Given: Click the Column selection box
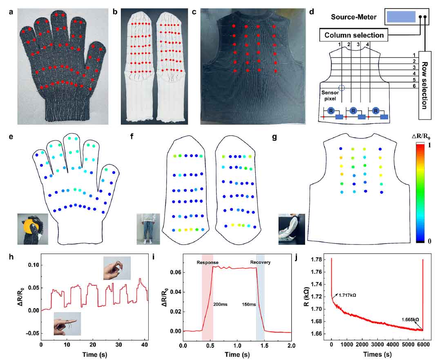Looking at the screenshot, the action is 354,35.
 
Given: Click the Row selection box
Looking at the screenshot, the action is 425,85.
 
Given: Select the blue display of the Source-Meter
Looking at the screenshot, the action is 401,17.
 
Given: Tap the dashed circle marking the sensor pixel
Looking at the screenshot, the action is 342,88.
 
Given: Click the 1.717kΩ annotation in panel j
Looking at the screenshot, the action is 347,295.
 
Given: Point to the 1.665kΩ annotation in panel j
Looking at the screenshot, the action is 410,320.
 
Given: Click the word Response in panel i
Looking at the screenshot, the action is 207,262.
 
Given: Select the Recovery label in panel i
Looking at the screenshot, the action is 260,262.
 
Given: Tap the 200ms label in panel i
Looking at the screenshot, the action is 220,304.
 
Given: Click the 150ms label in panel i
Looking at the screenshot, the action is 249,304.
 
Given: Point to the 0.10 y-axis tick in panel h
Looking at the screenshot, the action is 33,265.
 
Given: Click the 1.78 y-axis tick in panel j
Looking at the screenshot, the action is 316,260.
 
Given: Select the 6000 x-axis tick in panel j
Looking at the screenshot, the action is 424,344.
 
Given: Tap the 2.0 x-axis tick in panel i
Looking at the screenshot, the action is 291,346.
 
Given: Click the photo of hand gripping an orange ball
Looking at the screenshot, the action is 33,229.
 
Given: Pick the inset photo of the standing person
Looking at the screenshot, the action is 148,229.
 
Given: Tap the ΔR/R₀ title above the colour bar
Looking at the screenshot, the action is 421,138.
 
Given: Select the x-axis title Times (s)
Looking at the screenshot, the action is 377,354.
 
